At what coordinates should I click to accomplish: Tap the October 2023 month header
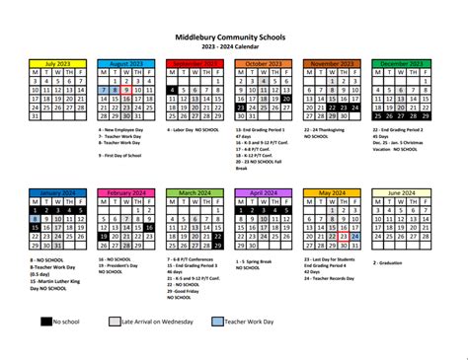[x=263, y=62]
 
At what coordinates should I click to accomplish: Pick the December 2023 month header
[x=401, y=62]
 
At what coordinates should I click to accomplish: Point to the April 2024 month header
[x=263, y=193]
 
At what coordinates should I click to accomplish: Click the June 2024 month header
[x=401, y=193]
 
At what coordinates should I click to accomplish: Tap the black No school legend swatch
[x=45, y=321]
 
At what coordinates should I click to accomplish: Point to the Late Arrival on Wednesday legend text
[x=162, y=322]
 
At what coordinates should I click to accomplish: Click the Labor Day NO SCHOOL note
[x=195, y=129]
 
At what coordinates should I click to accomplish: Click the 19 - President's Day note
[x=122, y=266]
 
